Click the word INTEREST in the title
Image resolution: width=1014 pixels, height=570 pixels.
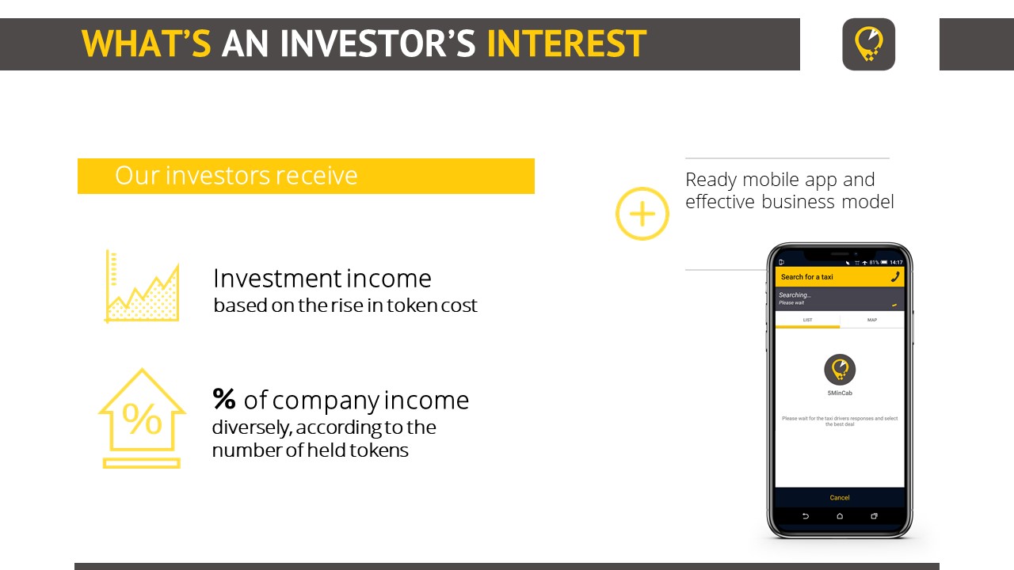pos(566,44)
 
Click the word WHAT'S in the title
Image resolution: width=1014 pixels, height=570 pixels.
pos(147,44)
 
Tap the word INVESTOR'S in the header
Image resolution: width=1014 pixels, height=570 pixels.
pos(378,44)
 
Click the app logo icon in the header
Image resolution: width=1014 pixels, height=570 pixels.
pos(869,44)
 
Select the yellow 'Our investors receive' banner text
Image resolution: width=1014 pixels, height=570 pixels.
pos(236,176)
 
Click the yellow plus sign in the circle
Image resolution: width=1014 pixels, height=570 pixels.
pos(642,214)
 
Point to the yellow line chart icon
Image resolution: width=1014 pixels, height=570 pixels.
pos(142,287)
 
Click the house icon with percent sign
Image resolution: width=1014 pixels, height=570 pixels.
pos(142,418)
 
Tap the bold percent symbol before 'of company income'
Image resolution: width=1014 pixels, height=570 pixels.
pos(224,399)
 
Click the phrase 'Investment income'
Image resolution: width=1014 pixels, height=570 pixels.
pos(322,278)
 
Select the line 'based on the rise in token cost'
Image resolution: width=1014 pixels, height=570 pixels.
pos(345,306)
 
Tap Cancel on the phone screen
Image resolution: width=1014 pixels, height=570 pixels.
pos(840,498)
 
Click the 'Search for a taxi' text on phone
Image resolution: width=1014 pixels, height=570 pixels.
pos(807,277)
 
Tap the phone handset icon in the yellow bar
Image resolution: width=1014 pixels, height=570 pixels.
pos(895,277)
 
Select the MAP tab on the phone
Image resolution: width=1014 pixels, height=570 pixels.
pos(872,320)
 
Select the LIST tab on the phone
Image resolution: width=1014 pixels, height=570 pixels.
pos(807,320)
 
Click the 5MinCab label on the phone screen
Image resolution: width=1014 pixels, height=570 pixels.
pos(840,393)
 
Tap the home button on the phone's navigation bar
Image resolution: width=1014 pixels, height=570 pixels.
pos(840,516)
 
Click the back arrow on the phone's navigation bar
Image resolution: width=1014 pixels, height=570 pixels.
pos(806,516)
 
